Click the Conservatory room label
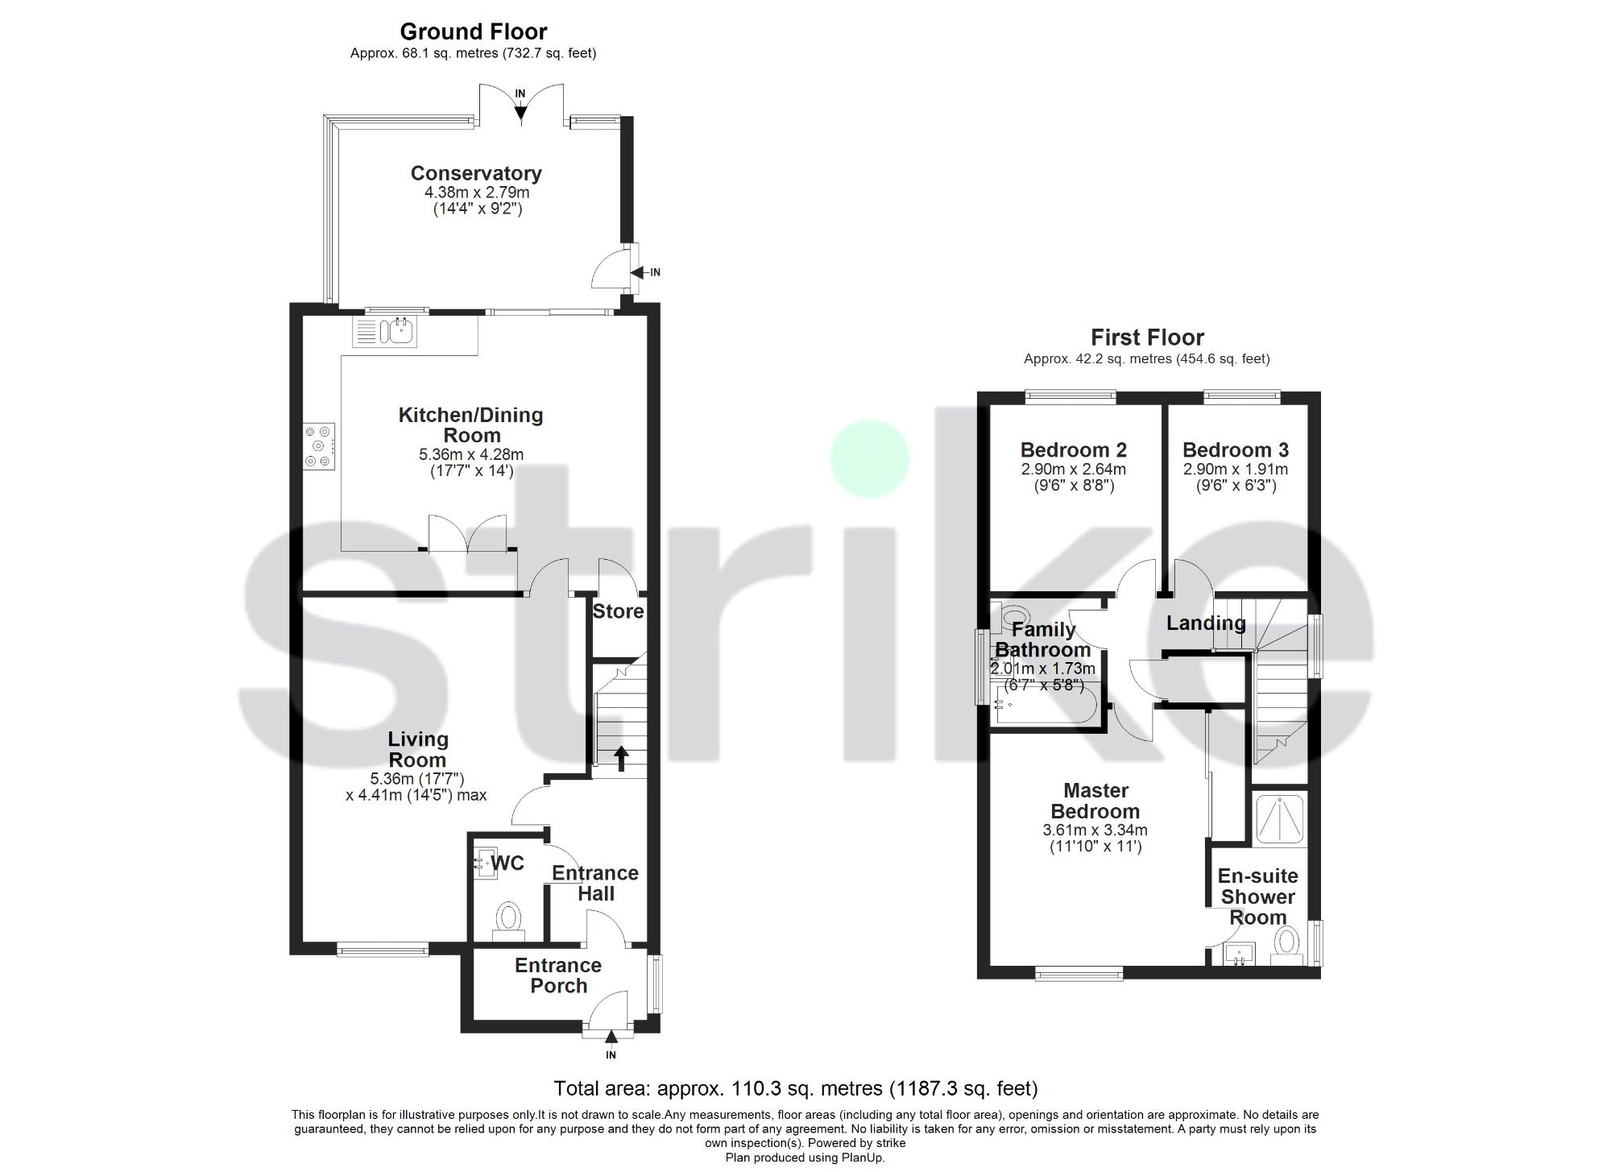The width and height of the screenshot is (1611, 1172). point(475,173)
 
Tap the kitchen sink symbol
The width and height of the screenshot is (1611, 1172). point(385,331)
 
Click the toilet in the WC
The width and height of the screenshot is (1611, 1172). point(508,918)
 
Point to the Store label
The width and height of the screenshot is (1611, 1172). point(618,611)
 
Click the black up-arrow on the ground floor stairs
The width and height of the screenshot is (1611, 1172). point(621,758)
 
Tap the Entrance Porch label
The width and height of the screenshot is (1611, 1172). point(558,975)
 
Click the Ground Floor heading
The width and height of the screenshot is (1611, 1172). point(474,32)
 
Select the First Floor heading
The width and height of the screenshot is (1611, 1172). point(1147,338)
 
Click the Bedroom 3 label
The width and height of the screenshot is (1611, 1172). point(1236,450)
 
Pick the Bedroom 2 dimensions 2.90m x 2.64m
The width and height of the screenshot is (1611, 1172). point(1074,470)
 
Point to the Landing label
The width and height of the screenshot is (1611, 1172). point(1205,623)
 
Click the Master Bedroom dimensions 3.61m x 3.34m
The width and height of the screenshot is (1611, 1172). point(1095,830)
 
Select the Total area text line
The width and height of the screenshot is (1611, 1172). point(795,1089)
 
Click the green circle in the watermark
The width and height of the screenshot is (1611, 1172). point(870,458)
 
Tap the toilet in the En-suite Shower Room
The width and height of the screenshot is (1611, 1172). point(1286,943)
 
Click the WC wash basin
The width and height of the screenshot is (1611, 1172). point(487,863)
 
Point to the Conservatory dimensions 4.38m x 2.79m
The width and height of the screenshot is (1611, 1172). point(477,193)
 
